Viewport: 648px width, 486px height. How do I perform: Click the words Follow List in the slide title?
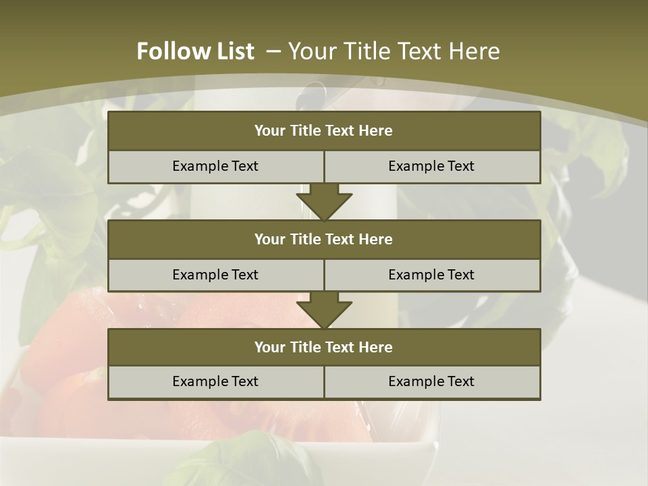pos(195,51)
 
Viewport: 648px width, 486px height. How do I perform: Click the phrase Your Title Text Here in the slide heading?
pos(394,51)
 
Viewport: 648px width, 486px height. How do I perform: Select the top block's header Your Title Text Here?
pos(323,131)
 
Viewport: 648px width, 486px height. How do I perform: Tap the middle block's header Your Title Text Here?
pos(323,239)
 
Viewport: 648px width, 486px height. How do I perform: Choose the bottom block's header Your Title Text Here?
pos(323,347)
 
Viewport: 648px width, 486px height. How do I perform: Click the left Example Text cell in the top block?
pos(215,166)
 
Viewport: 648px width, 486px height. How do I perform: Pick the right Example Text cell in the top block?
pos(431,166)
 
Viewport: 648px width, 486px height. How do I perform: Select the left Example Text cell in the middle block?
pos(215,275)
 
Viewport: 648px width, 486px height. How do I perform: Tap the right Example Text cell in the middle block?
pos(431,275)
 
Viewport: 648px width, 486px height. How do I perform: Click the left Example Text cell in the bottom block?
pos(215,381)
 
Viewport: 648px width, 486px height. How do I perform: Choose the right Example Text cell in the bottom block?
pos(431,381)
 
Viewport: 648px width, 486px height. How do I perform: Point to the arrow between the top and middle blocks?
pos(324,202)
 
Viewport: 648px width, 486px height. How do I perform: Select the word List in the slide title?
pos(234,51)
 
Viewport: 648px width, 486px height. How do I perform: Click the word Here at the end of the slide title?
pos(475,51)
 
